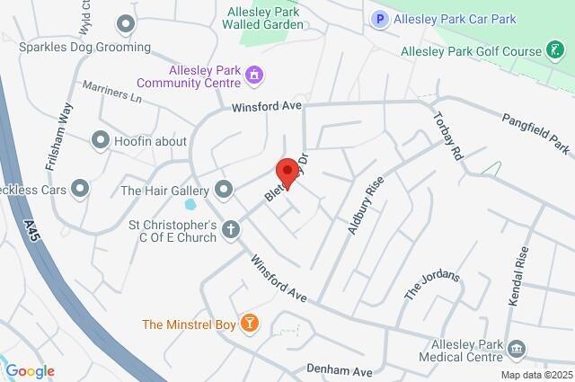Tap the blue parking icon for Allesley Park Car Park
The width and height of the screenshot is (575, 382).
(x=380, y=18)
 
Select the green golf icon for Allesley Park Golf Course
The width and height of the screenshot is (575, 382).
(x=558, y=51)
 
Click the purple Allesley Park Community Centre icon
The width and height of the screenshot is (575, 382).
(x=255, y=76)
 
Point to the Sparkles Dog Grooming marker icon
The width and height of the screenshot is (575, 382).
(x=126, y=22)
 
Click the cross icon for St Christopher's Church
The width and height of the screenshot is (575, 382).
(x=231, y=230)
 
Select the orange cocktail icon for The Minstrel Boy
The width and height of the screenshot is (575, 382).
(x=251, y=323)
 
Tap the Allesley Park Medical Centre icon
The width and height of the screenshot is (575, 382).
(x=517, y=349)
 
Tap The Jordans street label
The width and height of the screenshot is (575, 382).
(x=432, y=285)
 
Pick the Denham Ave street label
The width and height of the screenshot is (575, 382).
(x=339, y=370)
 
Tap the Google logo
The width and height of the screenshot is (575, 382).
(x=30, y=370)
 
